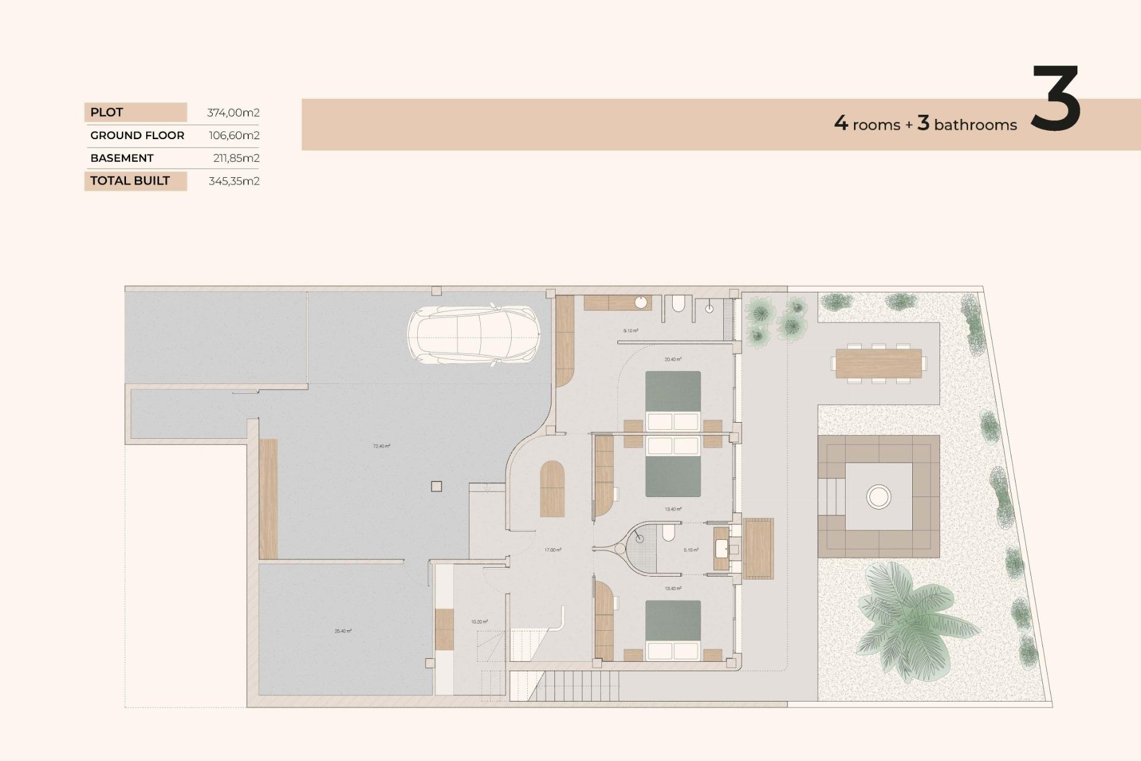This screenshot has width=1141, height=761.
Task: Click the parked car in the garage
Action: (x=474, y=335)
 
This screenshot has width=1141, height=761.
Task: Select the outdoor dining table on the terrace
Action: (x=878, y=363)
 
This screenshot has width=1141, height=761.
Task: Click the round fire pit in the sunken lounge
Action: (x=878, y=496)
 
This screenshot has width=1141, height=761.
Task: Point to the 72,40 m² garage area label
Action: (x=382, y=446)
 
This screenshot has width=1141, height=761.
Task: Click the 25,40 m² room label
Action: (x=343, y=631)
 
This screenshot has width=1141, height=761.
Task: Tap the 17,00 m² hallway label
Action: (x=553, y=550)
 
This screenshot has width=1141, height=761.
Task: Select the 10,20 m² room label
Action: (x=480, y=622)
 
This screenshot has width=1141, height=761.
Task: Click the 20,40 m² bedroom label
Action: (x=673, y=359)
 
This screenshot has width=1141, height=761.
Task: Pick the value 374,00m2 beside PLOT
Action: (x=233, y=112)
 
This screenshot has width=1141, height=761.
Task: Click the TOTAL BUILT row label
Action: (x=130, y=181)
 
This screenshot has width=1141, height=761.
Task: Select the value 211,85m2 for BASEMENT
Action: (x=236, y=158)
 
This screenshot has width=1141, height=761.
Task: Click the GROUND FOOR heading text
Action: (x=137, y=136)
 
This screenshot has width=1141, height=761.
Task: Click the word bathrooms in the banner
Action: (x=975, y=125)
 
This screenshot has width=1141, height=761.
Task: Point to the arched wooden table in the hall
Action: (x=552, y=489)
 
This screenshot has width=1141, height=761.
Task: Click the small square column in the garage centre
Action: (x=436, y=486)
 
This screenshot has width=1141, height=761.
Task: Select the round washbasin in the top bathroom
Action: (x=641, y=303)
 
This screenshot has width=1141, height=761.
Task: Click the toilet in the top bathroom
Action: (x=678, y=304)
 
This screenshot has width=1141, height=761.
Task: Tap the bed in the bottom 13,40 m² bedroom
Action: (x=673, y=629)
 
